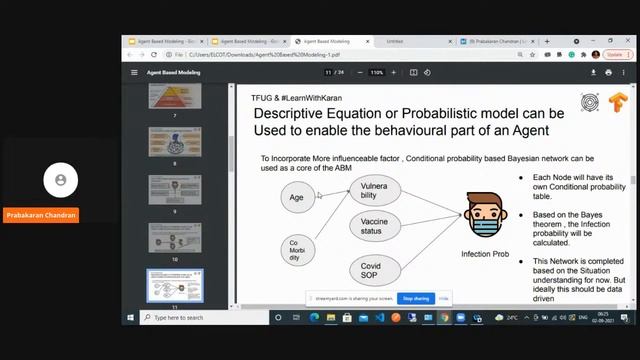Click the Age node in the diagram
point(297,198)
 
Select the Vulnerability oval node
point(374,190)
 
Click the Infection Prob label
point(485,254)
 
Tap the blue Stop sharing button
point(415,298)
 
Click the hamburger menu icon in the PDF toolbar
point(134,72)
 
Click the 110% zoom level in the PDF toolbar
point(376,72)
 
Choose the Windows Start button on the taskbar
point(129,317)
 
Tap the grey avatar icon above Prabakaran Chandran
point(61,180)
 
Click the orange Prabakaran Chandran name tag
point(41,215)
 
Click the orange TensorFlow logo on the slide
point(617,102)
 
